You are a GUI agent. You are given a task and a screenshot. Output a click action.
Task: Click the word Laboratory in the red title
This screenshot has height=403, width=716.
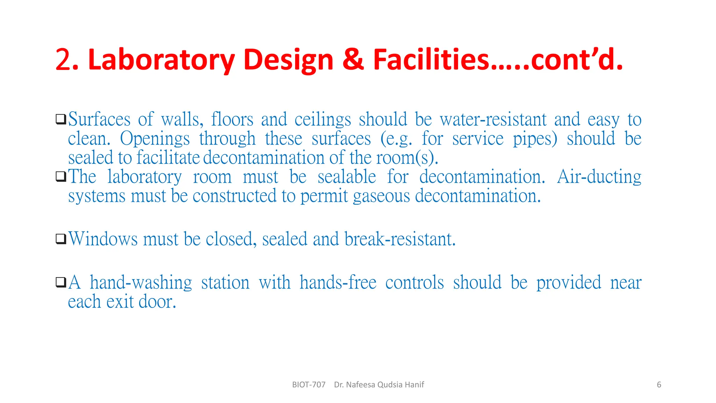(x=161, y=60)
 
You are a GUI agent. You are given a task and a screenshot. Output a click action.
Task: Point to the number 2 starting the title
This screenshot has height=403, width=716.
(x=64, y=60)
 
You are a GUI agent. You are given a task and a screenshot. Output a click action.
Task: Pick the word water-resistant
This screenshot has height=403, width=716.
(x=493, y=120)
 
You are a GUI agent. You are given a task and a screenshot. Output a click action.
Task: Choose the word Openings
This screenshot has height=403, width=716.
(x=155, y=139)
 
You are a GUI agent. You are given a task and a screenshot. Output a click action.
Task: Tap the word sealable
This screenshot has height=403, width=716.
(x=347, y=177)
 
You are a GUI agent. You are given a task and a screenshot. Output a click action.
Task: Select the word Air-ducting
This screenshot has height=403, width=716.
(x=599, y=177)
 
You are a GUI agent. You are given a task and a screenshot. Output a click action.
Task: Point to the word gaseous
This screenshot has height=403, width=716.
(x=381, y=196)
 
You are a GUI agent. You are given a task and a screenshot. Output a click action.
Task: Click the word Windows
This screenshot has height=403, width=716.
(x=103, y=239)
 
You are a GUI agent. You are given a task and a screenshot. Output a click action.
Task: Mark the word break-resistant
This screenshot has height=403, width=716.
(x=400, y=239)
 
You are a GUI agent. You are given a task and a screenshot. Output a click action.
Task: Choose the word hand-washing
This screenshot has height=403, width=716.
(x=141, y=283)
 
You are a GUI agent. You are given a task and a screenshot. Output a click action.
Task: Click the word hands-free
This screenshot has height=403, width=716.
(x=338, y=283)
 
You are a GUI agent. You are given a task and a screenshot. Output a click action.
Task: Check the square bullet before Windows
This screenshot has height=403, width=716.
(x=61, y=239)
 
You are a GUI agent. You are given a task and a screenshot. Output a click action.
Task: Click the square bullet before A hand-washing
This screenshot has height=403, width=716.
(x=61, y=282)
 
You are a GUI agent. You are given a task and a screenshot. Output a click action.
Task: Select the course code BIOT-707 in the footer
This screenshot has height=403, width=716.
(x=309, y=385)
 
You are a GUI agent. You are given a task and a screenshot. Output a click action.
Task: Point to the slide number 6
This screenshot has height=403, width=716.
(x=659, y=385)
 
